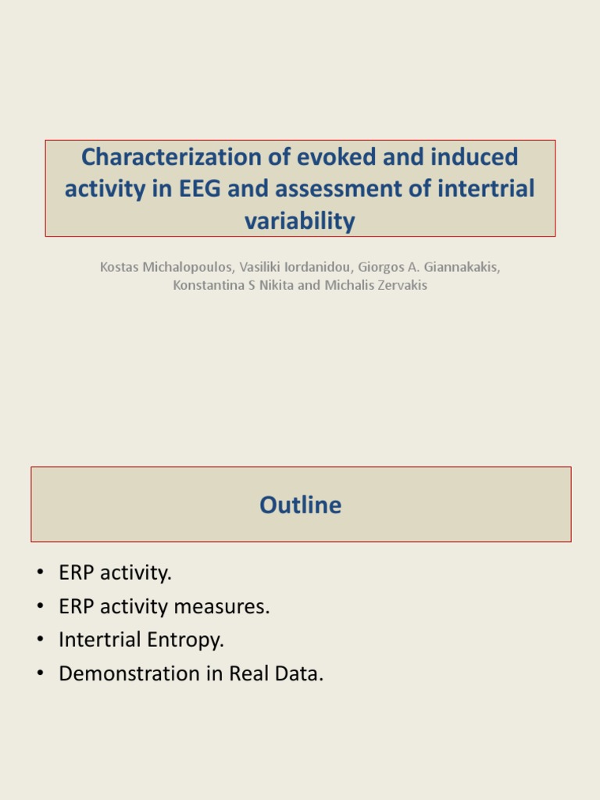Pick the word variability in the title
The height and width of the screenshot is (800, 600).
[300, 221]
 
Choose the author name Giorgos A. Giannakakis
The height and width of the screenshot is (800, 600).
[428, 267]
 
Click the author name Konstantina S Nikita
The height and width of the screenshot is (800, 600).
[234, 285]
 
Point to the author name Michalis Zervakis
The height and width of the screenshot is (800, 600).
[376, 285]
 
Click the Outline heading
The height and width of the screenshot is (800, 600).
[301, 505]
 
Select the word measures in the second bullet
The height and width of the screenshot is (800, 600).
[233, 606]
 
